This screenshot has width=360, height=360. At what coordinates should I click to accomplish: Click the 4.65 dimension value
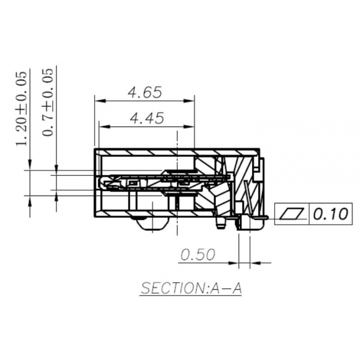[145, 92]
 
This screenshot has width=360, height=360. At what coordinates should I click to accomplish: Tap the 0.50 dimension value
[199, 254]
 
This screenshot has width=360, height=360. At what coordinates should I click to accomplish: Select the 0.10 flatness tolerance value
[332, 215]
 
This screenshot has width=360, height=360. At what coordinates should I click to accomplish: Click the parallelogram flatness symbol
[293, 215]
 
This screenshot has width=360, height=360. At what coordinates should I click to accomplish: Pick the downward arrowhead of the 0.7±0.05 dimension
[56, 171]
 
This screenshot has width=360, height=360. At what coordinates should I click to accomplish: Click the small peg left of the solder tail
[220, 223]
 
